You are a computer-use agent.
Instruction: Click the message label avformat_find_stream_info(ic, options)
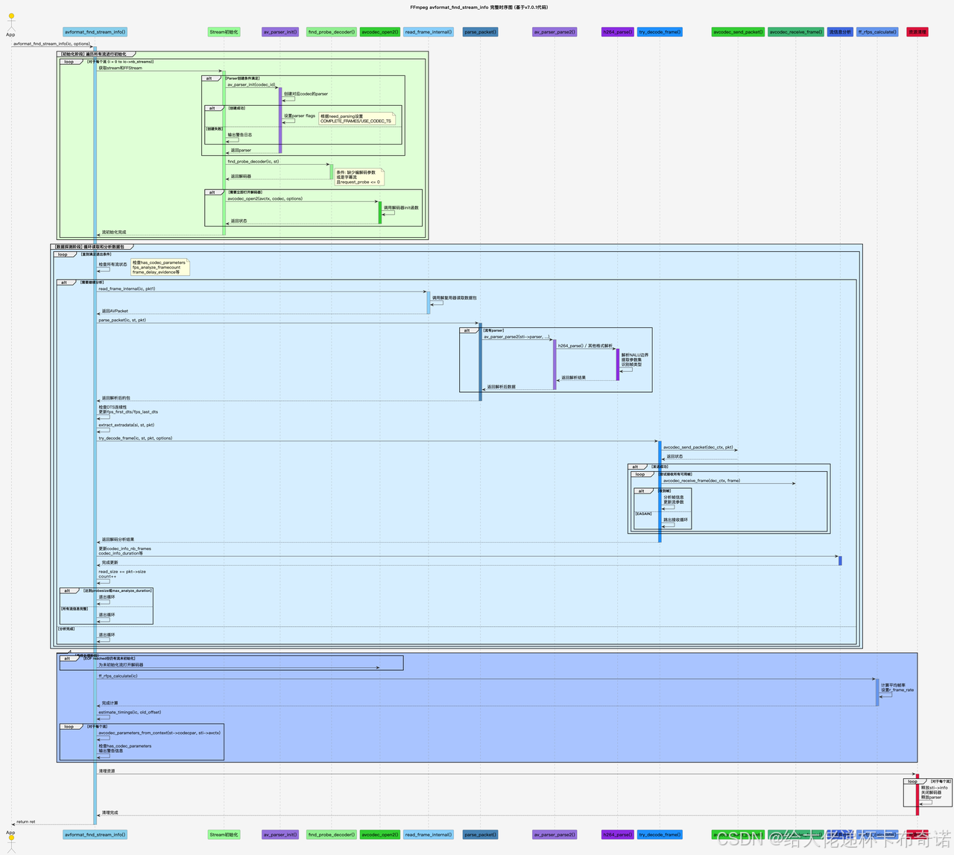(x=51, y=44)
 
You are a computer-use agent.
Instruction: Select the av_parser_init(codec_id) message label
(x=251, y=85)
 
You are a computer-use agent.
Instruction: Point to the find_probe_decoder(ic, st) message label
(x=253, y=161)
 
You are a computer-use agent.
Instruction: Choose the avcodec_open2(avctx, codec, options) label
(x=265, y=199)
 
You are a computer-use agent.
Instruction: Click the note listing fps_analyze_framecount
(x=159, y=267)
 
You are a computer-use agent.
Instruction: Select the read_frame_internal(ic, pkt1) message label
(x=127, y=288)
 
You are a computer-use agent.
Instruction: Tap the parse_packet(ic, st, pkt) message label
(x=122, y=320)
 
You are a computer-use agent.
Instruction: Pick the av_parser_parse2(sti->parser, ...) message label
(x=517, y=337)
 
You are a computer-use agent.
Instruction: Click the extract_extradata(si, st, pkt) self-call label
(x=126, y=425)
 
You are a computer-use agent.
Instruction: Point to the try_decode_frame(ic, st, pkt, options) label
(x=135, y=438)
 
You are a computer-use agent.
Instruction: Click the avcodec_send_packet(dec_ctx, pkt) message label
(x=698, y=447)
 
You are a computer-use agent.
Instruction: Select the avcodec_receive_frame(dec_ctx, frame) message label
(x=701, y=481)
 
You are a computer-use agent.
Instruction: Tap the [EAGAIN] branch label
(x=643, y=514)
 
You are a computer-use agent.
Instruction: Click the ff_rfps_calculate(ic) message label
(x=118, y=676)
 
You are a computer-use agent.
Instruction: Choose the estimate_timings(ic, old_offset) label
(x=130, y=712)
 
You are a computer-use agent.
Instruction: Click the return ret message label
(x=26, y=821)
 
